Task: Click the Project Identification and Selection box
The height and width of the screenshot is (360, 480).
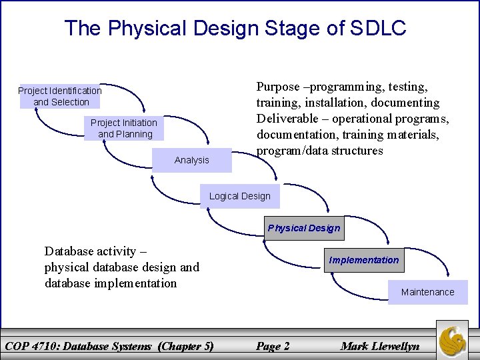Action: (x=59, y=96)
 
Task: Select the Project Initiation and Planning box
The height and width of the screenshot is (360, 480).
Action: (x=124, y=128)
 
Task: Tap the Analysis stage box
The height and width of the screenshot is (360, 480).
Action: (x=191, y=160)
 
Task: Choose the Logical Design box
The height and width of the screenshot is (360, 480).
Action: (x=239, y=196)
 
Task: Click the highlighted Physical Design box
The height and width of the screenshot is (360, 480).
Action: (x=303, y=228)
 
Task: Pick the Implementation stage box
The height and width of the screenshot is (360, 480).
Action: (x=364, y=260)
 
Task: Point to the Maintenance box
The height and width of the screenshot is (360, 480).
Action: (x=427, y=292)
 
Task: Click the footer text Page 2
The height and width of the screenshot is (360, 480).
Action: (x=273, y=345)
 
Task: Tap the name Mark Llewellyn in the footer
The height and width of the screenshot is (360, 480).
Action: (x=380, y=345)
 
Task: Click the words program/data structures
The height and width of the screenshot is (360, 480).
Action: (x=320, y=151)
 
